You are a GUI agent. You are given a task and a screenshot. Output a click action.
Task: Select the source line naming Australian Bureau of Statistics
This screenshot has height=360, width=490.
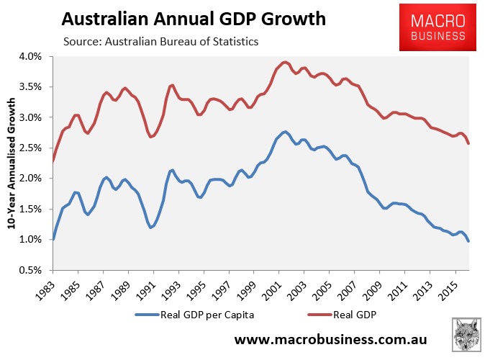160,42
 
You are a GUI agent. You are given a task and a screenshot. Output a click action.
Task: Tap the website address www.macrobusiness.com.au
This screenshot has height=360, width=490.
333,339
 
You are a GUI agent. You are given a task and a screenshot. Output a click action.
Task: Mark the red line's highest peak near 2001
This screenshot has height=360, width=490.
285,62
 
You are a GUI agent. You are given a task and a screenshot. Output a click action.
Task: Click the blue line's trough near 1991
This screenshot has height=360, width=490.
151,228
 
